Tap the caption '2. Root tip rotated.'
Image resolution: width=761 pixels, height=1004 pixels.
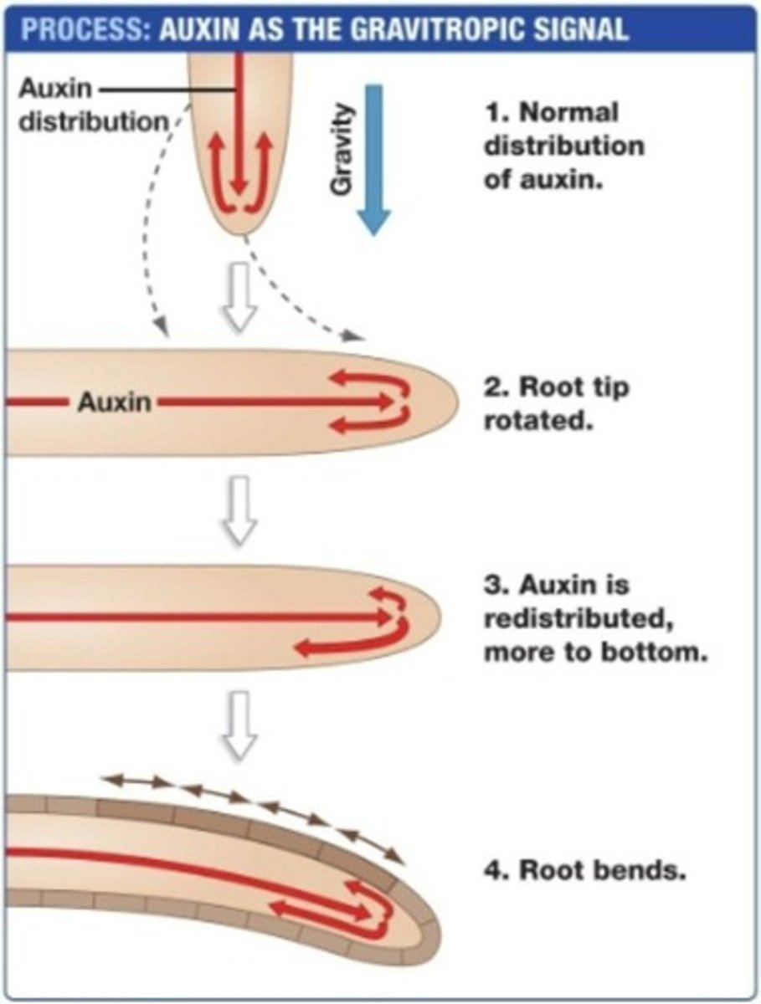click(x=556, y=403)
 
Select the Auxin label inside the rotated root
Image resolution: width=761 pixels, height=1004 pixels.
click(x=115, y=402)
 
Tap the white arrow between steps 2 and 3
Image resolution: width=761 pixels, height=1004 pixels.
click(x=239, y=508)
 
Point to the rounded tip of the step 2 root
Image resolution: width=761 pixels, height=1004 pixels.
click(x=448, y=402)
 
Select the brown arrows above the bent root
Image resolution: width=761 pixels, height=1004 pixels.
click(x=251, y=807)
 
